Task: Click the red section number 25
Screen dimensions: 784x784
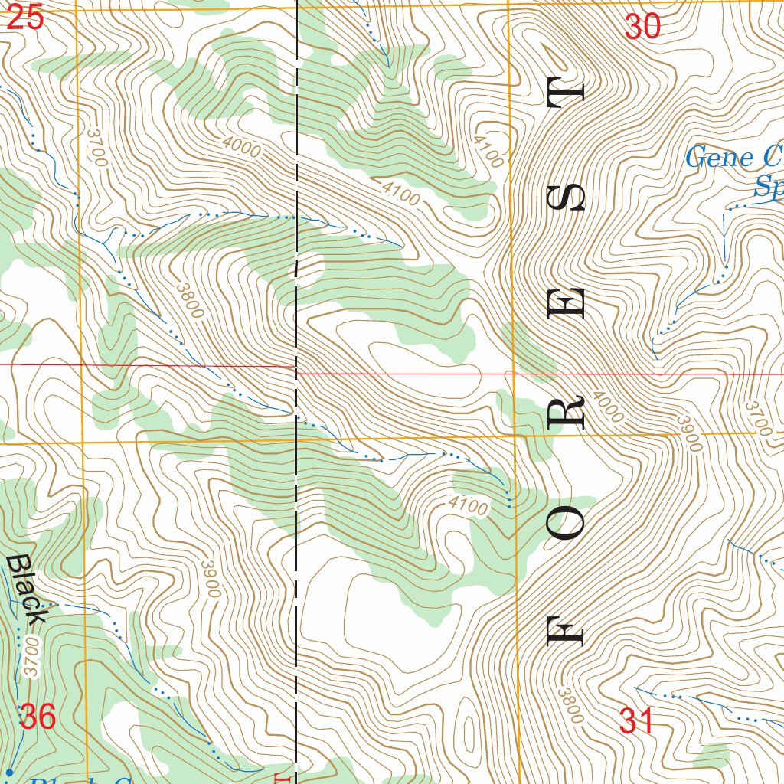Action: [24, 18]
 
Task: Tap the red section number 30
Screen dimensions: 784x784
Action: [642, 28]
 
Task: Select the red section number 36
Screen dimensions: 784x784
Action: [38, 717]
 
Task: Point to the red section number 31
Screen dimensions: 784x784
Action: [636, 721]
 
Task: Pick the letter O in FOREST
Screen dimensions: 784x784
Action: [567, 526]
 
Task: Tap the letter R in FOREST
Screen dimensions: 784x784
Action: [567, 411]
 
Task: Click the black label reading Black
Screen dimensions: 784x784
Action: [26, 589]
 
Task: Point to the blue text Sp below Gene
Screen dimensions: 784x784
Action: [768, 186]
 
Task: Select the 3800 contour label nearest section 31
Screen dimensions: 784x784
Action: [570, 705]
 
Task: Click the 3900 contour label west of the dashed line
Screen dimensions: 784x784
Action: [211, 578]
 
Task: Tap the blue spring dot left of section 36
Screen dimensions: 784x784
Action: [10, 770]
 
